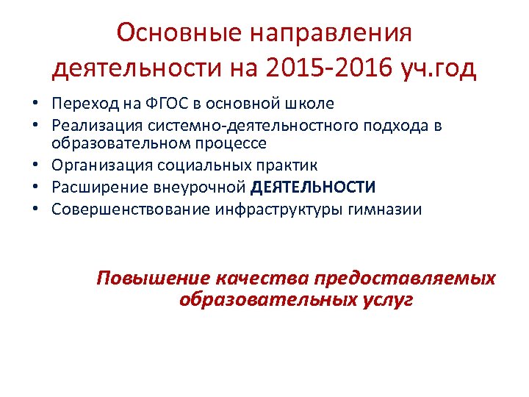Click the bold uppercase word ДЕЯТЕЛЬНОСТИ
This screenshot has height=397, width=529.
click(x=313, y=187)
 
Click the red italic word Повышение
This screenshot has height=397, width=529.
click(x=154, y=279)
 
